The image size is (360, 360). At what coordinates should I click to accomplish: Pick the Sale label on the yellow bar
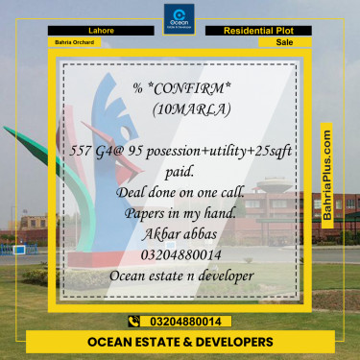[284, 43]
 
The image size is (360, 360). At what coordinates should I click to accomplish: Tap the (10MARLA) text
[191, 108]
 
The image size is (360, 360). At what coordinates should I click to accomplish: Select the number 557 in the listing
[85, 153]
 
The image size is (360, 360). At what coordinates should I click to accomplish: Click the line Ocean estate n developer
[180, 275]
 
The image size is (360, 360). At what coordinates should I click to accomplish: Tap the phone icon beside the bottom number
[133, 321]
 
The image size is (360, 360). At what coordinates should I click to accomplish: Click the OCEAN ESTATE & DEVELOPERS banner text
[180, 342]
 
